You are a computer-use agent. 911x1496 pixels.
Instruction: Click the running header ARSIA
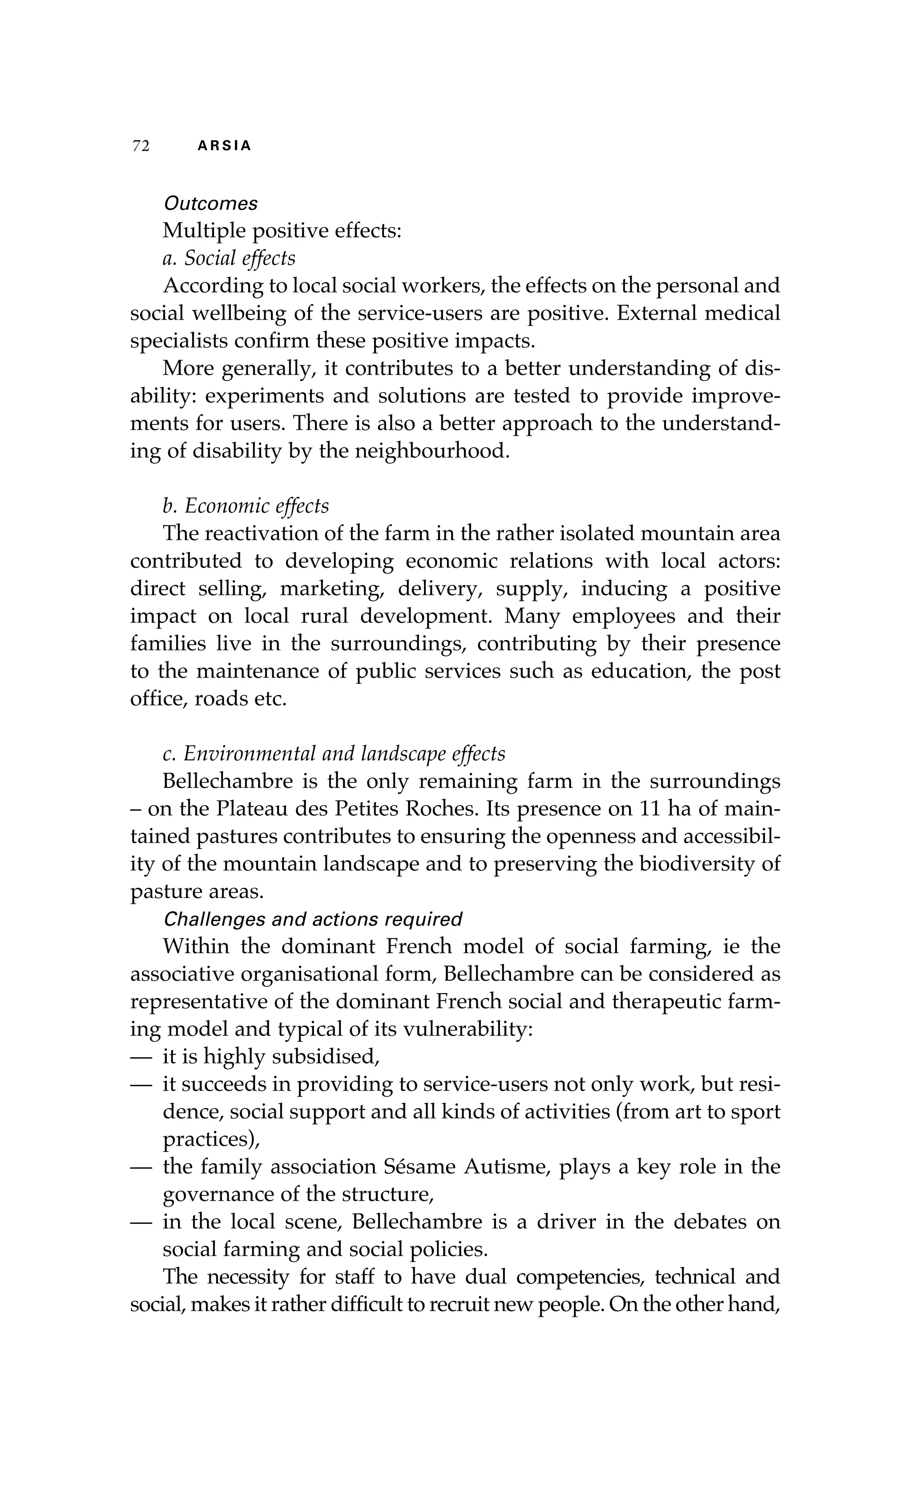pos(224,146)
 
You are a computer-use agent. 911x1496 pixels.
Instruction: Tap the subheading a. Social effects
pos(229,258)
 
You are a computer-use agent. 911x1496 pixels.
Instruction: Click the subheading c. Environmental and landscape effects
pos(334,754)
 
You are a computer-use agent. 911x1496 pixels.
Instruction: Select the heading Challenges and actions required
pos(313,919)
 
